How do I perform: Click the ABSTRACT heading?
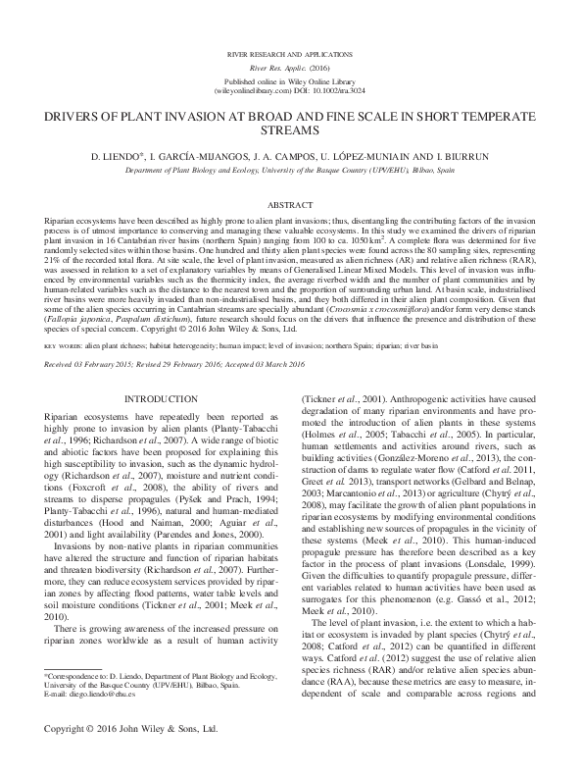click(x=290, y=204)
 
